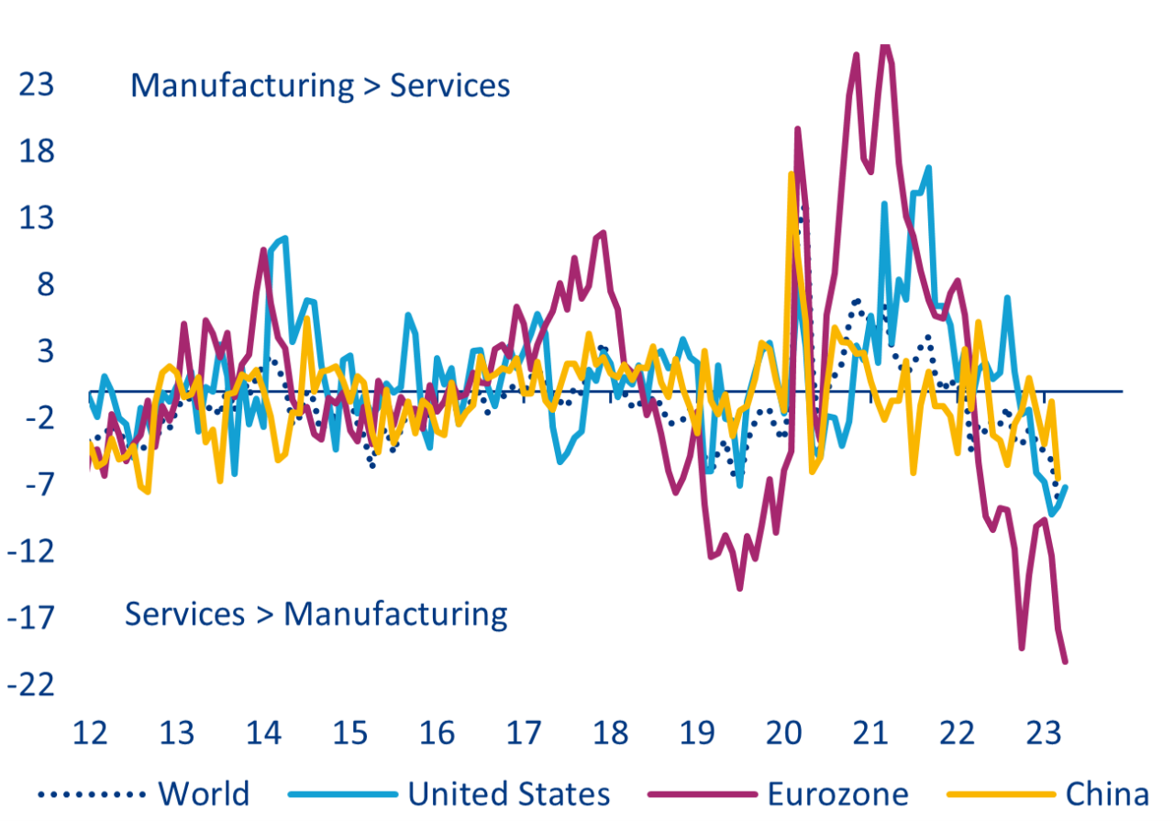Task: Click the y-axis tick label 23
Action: [37, 84]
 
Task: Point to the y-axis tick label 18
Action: [37, 151]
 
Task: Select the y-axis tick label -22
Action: [30, 684]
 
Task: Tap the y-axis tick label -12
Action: [30, 551]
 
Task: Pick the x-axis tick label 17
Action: [524, 734]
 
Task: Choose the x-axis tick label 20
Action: [784, 734]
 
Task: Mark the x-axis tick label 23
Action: [1045, 734]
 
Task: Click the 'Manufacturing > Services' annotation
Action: [319, 85]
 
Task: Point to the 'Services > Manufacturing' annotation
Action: [316, 614]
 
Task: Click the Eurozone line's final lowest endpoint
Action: [1066, 661]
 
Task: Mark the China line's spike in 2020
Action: [791, 174]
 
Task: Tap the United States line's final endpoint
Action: [1066, 487]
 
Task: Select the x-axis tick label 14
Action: [263, 734]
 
